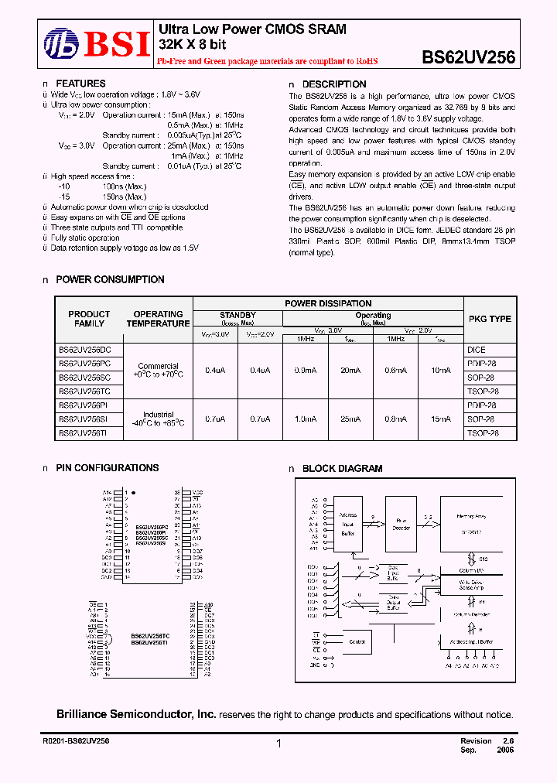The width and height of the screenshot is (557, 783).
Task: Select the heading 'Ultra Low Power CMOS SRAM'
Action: coord(252,29)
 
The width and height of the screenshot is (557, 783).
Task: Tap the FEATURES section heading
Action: coord(80,83)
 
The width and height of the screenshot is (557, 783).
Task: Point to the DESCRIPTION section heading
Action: coord(333,84)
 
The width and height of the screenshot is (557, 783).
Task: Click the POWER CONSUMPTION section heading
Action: coord(110,279)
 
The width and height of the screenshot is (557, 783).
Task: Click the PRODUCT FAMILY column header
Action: coord(89,319)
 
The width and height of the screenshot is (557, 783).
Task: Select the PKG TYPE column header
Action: coord(490,319)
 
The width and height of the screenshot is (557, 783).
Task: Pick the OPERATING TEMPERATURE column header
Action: coord(158,319)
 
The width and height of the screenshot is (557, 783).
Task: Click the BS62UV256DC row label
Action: coord(84,350)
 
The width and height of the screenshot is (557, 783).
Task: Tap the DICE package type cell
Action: coord(476,350)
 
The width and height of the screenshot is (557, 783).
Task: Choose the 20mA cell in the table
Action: coord(350,371)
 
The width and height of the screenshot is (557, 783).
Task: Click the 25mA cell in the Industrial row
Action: coord(350,419)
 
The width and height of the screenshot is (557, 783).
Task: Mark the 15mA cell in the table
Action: coord(440,419)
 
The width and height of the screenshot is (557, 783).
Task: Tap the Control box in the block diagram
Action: coord(357,641)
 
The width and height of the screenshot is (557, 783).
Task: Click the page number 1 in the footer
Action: coord(278,744)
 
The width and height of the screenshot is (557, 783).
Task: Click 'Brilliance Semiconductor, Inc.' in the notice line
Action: coord(136,715)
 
